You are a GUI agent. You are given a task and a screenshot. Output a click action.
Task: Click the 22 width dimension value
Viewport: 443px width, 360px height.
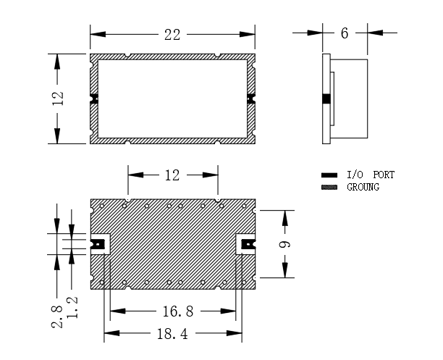[172, 35]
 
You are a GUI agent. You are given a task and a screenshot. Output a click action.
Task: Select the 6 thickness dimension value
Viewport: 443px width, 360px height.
[345, 33]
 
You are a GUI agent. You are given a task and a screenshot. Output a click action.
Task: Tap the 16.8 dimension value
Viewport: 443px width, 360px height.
[178, 311]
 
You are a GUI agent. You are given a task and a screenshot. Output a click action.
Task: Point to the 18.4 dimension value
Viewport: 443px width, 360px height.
[172, 334]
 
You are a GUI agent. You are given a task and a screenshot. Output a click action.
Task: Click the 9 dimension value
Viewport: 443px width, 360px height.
[284, 244]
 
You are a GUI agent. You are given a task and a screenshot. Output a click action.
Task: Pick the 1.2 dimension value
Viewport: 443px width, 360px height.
[72, 307]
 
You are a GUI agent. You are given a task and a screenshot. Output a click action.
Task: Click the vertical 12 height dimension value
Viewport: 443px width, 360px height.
[58, 99]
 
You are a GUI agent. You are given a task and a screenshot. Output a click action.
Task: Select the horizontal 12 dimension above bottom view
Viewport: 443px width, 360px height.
[172, 175]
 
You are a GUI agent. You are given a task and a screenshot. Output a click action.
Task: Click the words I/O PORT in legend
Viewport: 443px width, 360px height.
[371, 175]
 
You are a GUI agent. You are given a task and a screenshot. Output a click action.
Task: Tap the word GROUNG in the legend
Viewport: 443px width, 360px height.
[363, 187]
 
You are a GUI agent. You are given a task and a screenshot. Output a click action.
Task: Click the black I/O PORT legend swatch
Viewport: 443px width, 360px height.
[329, 175]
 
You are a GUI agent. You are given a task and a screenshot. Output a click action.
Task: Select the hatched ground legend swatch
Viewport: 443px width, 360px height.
[329, 187]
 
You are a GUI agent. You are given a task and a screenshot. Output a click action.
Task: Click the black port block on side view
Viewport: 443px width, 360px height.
[326, 99]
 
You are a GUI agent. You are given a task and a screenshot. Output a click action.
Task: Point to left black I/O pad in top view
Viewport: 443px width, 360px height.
[94, 99]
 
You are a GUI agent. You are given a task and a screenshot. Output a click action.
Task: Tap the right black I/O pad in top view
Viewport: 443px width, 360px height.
[251, 99]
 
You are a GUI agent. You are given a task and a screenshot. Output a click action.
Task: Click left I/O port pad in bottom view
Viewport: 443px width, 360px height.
[98, 244]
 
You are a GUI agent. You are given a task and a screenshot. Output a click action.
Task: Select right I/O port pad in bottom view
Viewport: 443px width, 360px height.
[248, 244]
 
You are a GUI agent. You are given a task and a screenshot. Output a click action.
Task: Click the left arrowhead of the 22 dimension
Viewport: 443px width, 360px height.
[98, 35]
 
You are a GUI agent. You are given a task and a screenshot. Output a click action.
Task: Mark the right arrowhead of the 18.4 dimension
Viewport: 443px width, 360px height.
[235, 333]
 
